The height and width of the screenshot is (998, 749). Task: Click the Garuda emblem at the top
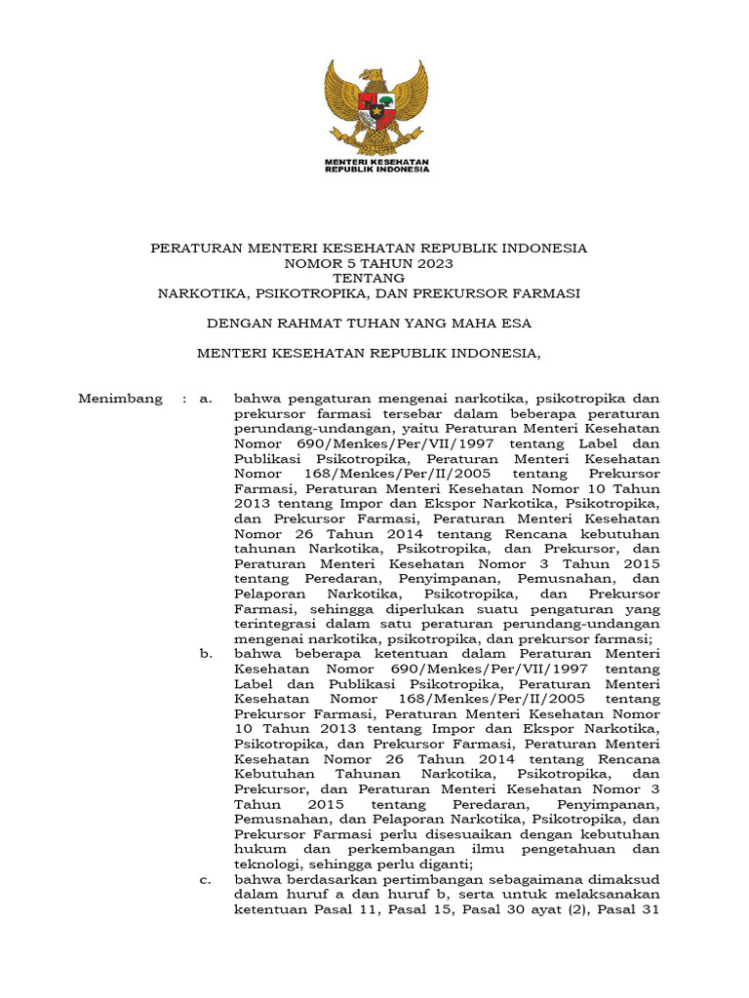click(x=375, y=107)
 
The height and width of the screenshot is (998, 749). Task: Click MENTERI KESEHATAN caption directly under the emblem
click(x=376, y=161)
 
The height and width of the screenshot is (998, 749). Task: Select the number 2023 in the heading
click(x=435, y=263)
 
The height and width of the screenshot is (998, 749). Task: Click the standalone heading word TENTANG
click(x=369, y=278)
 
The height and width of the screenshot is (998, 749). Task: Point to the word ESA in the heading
click(x=517, y=323)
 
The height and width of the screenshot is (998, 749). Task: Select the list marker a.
click(x=205, y=399)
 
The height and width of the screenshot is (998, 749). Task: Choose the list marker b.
click(x=205, y=654)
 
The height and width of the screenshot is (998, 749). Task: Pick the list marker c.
click(x=205, y=879)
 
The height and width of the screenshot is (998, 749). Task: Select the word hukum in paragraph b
click(x=254, y=849)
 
